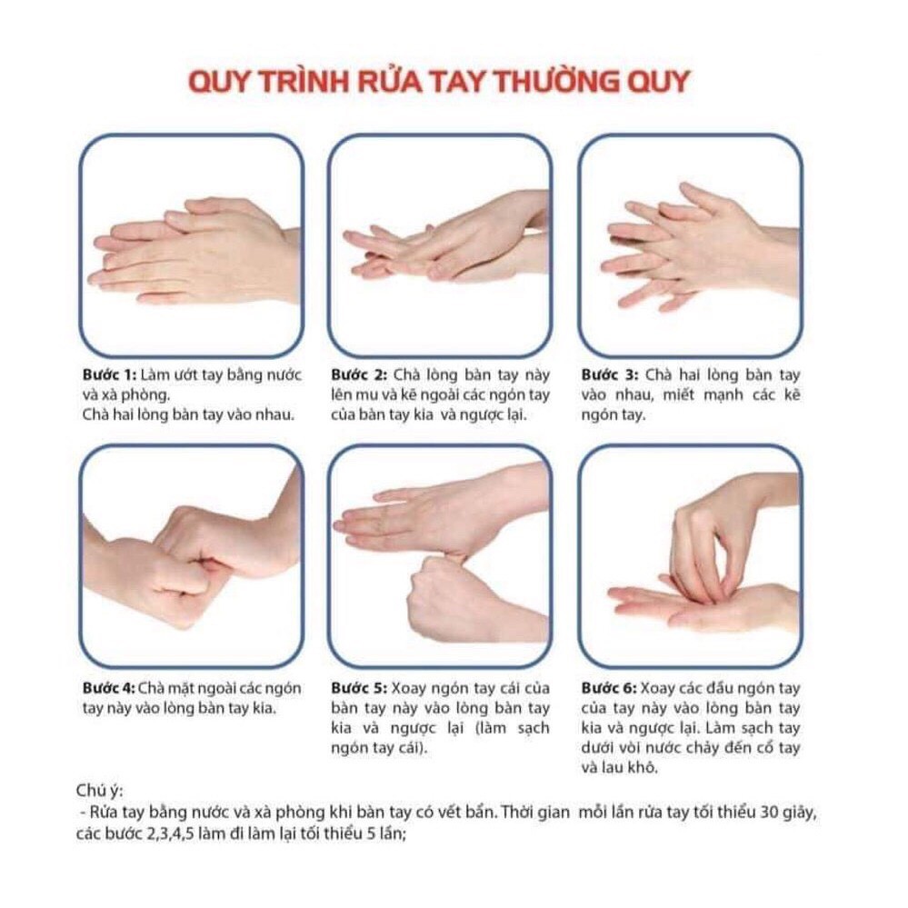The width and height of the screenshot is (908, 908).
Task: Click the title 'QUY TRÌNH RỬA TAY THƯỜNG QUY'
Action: (x=439, y=81)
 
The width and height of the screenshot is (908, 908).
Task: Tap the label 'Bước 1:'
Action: (x=105, y=374)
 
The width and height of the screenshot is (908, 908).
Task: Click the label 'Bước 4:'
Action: (x=105, y=687)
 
